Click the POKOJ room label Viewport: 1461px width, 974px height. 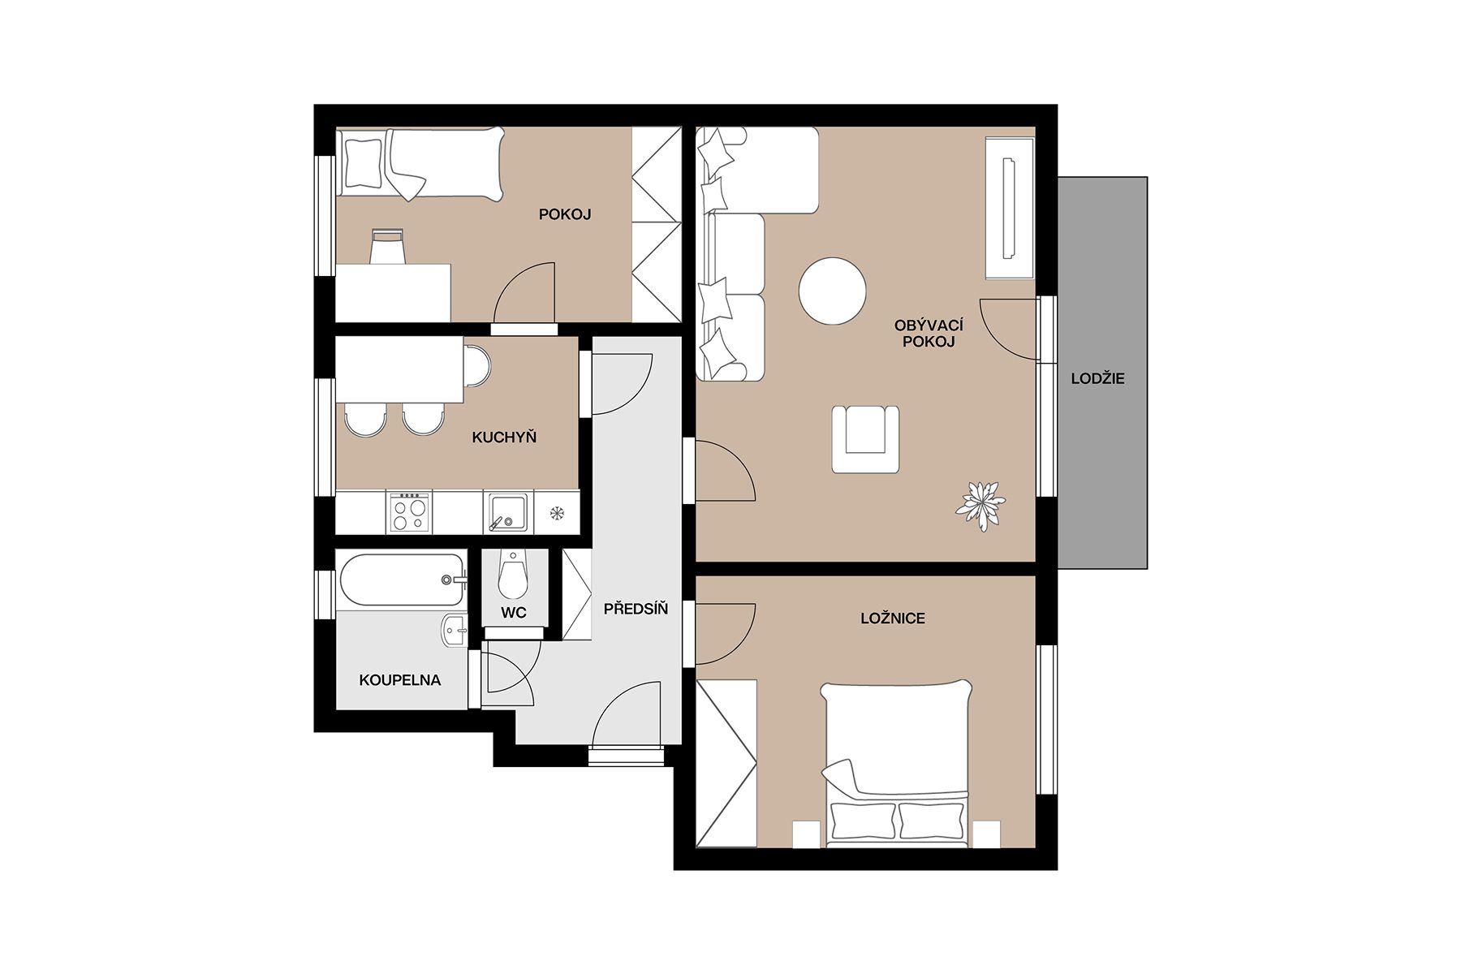coord(565,214)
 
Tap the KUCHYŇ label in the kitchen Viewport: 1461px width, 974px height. coord(504,437)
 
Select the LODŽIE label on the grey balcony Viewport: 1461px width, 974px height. coord(1097,379)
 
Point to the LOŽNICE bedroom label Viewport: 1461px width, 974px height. coord(893,618)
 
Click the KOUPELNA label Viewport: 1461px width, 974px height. coord(400,680)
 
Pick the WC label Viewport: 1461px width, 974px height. coord(514,613)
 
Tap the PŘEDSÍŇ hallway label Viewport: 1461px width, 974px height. coord(636,608)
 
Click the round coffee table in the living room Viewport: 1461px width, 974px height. coord(832,291)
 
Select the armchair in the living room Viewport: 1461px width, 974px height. coord(865,438)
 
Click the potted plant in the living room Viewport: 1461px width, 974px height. coord(980,505)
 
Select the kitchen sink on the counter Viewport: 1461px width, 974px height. coord(509,512)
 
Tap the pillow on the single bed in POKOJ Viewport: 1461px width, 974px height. coord(363,164)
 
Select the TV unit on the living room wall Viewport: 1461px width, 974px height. coord(1010,208)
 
